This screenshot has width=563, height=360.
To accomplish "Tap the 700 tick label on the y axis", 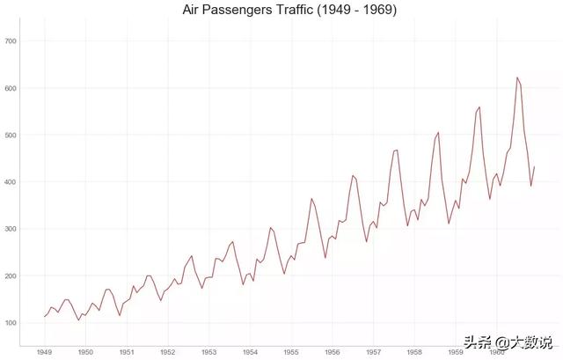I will tap(12, 41).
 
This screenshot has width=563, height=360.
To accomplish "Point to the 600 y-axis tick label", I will tap(12, 88).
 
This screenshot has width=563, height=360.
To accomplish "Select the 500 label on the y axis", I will tap(12, 135).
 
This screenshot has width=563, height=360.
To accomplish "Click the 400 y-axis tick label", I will tap(12, 182).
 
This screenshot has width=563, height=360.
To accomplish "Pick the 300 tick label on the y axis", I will tap(12, 229).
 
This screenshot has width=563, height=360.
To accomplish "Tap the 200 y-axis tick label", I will tap(12, 276).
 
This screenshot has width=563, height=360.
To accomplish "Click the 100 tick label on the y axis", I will tap(12, 323).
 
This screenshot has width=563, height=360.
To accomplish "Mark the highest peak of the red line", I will tap(516, 77).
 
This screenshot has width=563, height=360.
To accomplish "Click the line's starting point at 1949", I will tap(44, 317).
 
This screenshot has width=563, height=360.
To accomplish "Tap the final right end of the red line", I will tap(534, 167).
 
